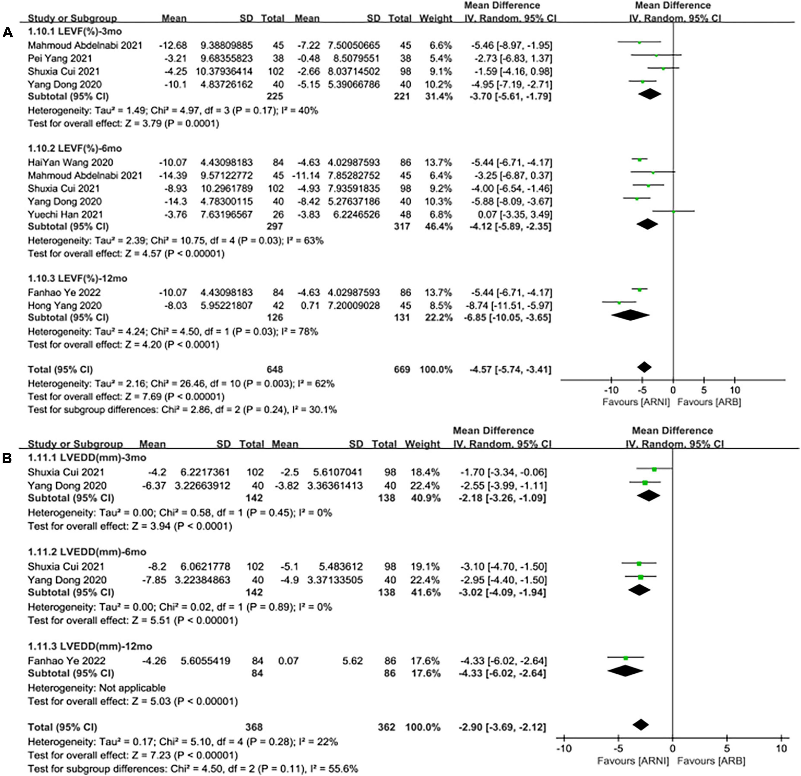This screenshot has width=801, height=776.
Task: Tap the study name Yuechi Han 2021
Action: (65, 214)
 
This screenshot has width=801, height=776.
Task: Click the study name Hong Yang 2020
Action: (65, 305)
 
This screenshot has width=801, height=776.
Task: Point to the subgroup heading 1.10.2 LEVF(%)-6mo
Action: (75, 148)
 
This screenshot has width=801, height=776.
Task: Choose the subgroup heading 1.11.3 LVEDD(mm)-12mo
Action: (90, 646)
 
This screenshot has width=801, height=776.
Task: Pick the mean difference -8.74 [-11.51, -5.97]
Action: (511, 305)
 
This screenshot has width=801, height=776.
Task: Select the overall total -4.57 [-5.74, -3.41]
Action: (511, 370)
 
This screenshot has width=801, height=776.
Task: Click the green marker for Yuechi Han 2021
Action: (673, 211)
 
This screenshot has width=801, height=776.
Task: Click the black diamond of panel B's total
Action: (640, 725)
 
